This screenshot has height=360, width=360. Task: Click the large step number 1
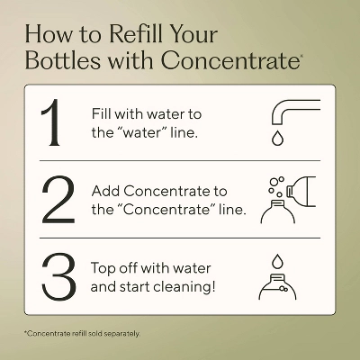click(x=51, y=122)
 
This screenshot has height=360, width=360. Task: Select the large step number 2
click(x=58, y=200)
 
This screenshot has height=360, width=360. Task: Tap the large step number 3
click(x=58, y=276)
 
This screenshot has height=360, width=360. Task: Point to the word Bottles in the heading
click(x=62, y=60)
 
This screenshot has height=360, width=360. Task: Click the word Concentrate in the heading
click(x=230, y=60)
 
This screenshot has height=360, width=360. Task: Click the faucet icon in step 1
click(x=295, y=112)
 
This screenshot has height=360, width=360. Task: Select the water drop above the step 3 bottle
click(x=277, y=262)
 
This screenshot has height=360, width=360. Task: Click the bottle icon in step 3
click(x=277, y=286)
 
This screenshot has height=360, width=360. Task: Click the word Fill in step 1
click(x=102, y=113)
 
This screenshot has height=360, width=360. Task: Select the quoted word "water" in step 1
click(x=140, y=132)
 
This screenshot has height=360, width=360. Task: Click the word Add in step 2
click(x=106, y=191)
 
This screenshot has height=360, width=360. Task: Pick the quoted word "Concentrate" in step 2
click(x=166, y=210)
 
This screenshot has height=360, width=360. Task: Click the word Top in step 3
click(x=103, y=268)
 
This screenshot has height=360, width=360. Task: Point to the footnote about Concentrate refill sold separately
click(x=82, y=333)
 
